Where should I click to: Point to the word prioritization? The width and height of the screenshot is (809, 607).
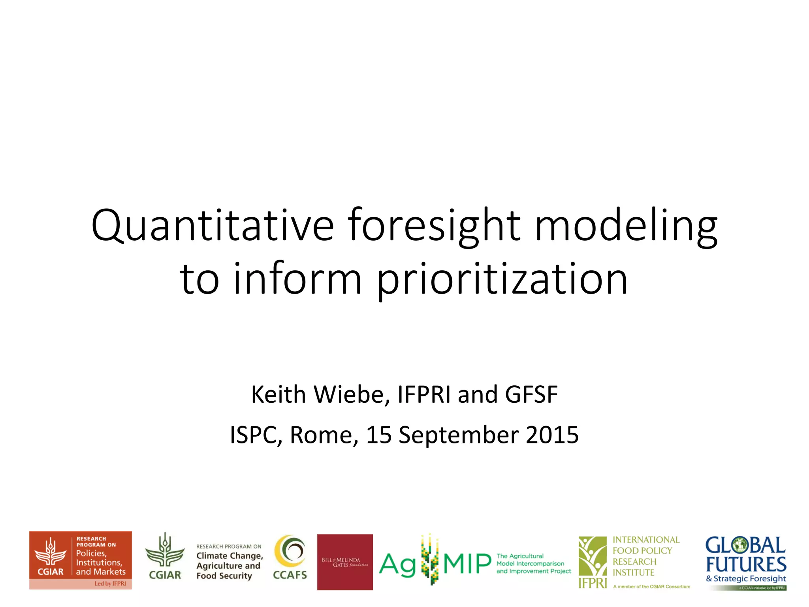[x=502, y=279]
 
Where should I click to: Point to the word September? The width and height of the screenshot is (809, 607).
[x=459, y=435]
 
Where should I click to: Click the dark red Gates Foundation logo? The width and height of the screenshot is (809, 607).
[x=345, y=562]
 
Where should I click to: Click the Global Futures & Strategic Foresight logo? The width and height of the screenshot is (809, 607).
[x=746, y=562]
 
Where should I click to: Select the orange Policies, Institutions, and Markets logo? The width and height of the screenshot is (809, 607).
[x=81, y=560]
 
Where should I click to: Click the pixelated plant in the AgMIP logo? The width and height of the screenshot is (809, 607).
[x=430, y=559]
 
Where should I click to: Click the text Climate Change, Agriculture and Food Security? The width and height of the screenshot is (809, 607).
[x=229, y=566]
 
